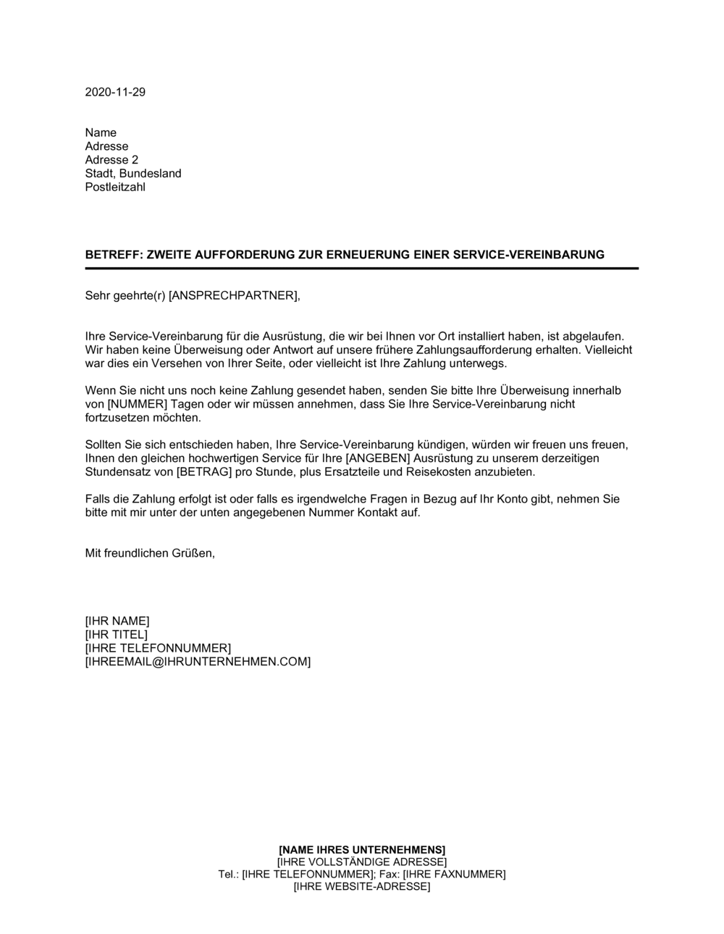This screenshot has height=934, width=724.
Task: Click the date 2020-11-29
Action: pyautogui.click(x=115, y=92)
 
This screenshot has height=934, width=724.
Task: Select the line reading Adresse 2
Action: pyautogui.click(x=111, y=160)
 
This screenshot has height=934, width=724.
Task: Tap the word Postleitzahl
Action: pyautogui.click(x=115, y=188)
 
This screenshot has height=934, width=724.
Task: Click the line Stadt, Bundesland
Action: pyautogui.click(x=133, y=174)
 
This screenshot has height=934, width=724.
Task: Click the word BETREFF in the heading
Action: pyautogui.click(x=109, y=255)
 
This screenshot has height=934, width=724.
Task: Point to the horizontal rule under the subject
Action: pyautogui.click(x=362, y=269)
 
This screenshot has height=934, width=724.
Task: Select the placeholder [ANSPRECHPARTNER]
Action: pyautogui.click(x=232, y=295)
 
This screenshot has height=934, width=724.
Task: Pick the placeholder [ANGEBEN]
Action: pyautogui.click(x=377, y=458)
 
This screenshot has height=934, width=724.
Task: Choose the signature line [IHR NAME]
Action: pyautogui.click(x=117, y=621)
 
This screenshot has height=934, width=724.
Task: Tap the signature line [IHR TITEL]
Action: pyautogui.click(x=116, y=635)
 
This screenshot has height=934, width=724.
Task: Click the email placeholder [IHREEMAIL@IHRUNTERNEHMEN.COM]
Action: pyautogui.click(x=198, y=662)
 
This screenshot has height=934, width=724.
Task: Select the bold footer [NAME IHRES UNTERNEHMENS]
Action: pyautogui.click(x=362, y=849)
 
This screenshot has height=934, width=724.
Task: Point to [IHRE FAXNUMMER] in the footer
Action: pyautogui.click(x=454, y=874)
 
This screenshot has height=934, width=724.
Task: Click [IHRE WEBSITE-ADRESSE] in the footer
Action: pyautogui.click(x=362, y=886)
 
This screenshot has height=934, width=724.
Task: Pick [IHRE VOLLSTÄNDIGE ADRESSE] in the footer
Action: pyautogui.click(x=362, y=862)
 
